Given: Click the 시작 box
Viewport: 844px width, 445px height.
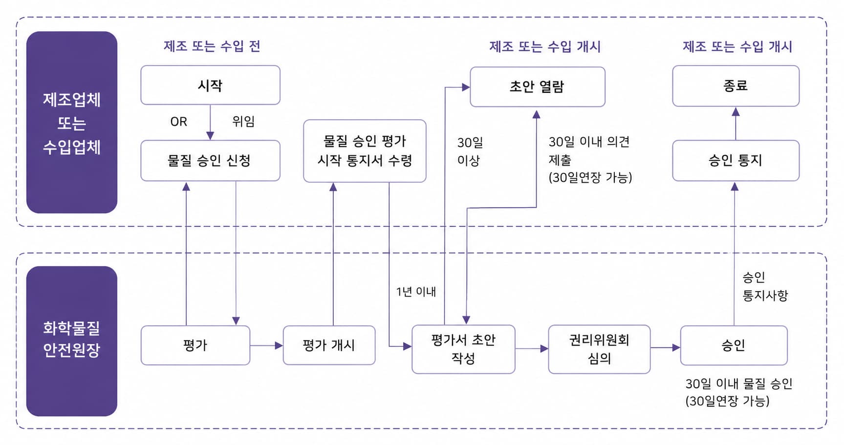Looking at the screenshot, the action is [210, 85].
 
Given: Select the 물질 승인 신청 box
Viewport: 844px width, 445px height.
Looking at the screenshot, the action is [210, 161].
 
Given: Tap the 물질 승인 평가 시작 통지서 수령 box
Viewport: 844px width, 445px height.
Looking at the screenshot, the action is [365, 151].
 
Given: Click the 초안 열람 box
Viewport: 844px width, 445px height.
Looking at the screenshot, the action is [538, 87].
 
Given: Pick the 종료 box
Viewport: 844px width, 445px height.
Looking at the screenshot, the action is [736, 86].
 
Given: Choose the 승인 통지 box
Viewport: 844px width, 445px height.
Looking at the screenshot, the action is [736, 161].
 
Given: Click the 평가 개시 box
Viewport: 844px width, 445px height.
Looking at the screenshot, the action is [329, 345].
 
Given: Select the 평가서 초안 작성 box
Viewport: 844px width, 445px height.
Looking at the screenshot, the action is [463, 349].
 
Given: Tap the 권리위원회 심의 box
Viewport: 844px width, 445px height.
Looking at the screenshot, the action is [599, 349].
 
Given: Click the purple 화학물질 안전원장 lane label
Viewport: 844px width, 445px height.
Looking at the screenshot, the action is [72, 341].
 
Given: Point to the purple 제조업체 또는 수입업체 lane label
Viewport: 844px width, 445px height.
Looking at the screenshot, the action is [72, 122].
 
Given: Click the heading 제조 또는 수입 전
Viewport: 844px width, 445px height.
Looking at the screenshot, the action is [212, 46].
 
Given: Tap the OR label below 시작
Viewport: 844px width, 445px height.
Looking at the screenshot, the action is [178, 122].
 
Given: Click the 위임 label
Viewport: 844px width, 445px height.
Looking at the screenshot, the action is [243, 121].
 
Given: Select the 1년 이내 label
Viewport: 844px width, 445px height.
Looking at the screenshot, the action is [416, 292].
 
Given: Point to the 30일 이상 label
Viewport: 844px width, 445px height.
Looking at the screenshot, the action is [470, 151].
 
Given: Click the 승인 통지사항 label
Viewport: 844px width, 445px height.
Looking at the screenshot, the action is [765, 286].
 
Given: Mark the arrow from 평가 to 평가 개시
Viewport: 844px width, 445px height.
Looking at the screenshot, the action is [266, 345].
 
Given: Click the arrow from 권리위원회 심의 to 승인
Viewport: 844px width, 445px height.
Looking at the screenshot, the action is [665, 348].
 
